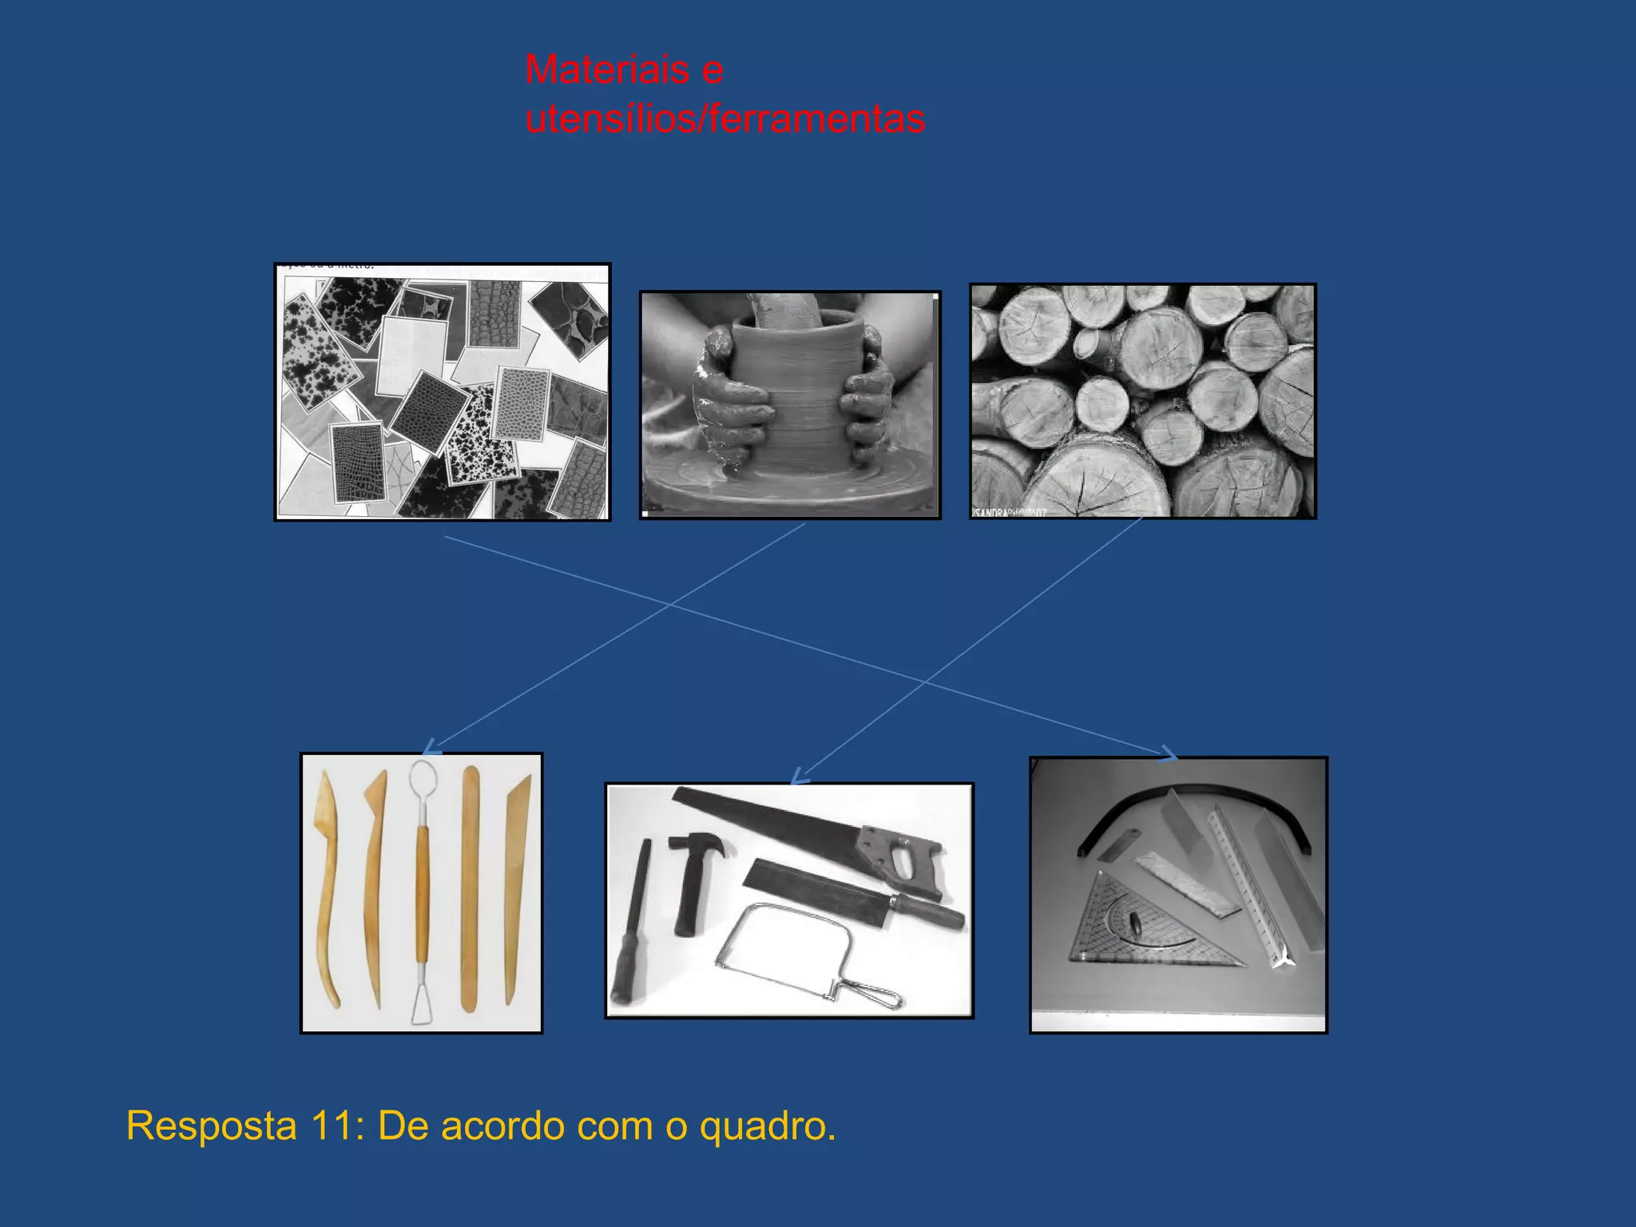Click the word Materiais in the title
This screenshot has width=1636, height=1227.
[607, 70]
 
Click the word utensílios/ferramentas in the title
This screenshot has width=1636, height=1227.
[725, 119]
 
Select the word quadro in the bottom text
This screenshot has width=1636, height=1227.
[766, 1126]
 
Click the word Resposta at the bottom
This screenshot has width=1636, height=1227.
[212, 1126]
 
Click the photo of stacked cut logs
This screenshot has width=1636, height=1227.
[1142, 401]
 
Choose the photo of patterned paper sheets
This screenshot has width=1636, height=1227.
[443, 392]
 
